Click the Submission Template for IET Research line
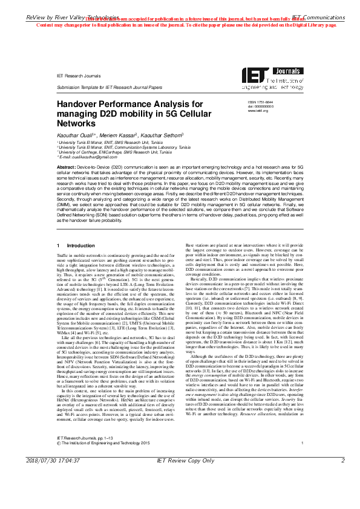(109, 87)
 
